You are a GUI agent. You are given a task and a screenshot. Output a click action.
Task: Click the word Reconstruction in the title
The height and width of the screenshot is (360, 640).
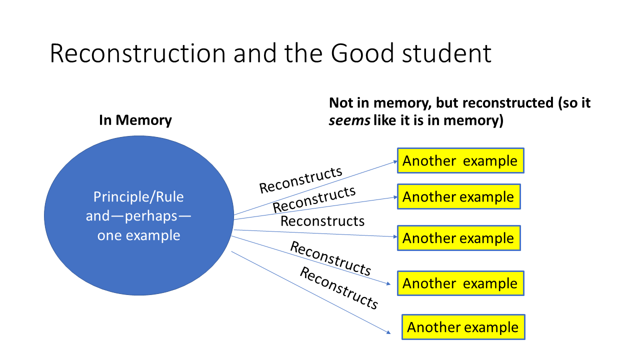click(x=137, y=53)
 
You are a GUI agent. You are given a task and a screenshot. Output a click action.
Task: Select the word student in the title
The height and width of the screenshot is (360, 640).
click(x=447, y=53)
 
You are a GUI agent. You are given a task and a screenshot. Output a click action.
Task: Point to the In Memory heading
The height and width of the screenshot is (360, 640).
click(x=135, y=120)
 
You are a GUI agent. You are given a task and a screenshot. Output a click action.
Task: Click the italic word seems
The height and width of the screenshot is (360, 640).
click(x=348, y=120)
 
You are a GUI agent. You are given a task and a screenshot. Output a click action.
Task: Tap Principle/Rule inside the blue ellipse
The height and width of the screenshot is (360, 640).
click(x=138, y=197)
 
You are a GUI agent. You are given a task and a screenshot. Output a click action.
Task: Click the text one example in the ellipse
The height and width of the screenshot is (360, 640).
click(x=138, y=235)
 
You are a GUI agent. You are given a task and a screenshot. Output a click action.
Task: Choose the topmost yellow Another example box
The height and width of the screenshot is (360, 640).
click(x=460, y=160)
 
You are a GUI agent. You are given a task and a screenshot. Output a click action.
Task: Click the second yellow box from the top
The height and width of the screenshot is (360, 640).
click(x=458, y=196)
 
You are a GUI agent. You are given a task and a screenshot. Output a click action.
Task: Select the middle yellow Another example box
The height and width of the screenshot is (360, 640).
click(x=458, y=238)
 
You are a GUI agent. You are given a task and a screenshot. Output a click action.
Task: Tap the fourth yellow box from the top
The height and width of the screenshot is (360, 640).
click(x=460, y=283)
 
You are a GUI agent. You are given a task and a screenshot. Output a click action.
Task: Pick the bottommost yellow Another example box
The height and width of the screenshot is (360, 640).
click(x=463, y=327)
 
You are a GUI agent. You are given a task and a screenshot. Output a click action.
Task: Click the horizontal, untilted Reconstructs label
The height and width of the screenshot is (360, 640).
click(x=322, y=221)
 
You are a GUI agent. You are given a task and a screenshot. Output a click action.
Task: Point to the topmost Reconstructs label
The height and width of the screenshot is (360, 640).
click(x=301, y=179)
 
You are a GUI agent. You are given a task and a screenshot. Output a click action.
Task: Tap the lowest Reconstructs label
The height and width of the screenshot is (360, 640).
click(x=338, y=288)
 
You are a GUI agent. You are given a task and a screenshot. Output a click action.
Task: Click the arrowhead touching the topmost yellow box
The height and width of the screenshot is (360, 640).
click(x=395, y=161)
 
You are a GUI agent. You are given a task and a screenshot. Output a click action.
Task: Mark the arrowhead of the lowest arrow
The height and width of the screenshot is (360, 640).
click(x=388, y=332)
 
